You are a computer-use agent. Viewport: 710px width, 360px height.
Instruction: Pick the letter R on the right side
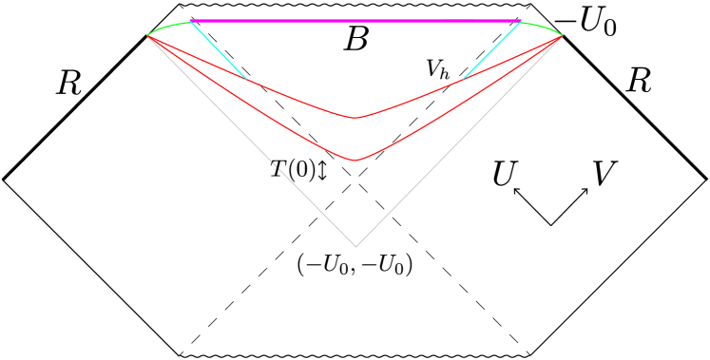tap(637, 82)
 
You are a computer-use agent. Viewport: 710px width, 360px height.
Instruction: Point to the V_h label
tap(437, 69)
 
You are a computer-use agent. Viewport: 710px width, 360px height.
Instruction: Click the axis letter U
tap(505, 174)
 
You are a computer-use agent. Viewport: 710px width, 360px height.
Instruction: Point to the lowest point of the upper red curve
tap(355, 118)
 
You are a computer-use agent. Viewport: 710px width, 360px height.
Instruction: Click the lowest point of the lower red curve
tap(355, 161)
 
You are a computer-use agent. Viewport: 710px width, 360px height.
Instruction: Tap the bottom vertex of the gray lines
tap(355, 245)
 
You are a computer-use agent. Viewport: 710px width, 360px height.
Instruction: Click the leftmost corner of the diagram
tap(4, 178)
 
